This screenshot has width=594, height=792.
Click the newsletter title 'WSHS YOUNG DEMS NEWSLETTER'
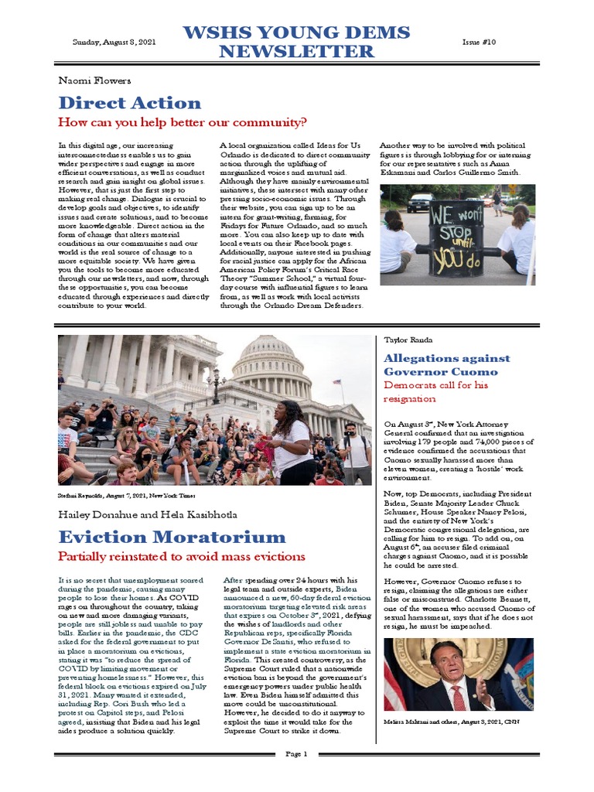(296, 42)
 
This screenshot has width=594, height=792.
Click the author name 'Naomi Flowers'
(94, 80)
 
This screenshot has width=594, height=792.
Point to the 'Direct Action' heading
(129, 103)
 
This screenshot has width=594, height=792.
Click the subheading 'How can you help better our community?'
(183, 122)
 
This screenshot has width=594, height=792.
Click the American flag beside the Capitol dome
(339, 382)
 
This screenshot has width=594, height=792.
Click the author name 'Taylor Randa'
(409, 340)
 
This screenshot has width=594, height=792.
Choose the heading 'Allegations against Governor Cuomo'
(447, 364)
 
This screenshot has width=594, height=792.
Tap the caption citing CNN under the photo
(449, 721)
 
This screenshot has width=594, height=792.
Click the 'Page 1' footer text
(296, 753)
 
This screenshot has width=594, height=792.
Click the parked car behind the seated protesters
(420, 202)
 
